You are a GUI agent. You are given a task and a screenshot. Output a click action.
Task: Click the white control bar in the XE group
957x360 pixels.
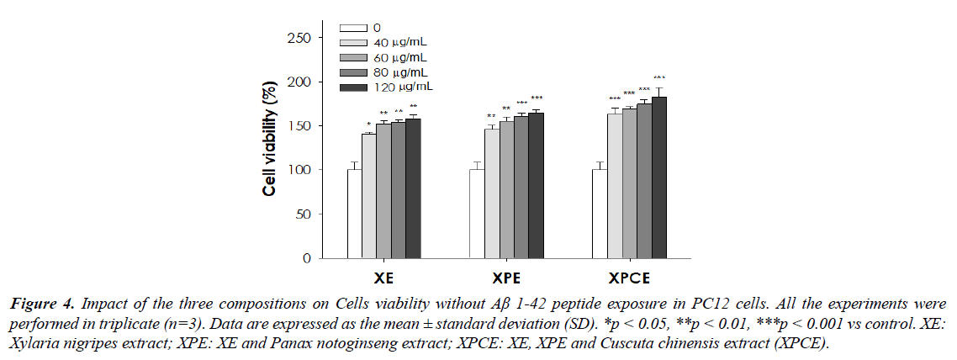354,214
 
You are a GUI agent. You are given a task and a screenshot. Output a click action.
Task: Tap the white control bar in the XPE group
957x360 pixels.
477,214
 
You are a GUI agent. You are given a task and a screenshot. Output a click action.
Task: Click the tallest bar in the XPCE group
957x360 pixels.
658,177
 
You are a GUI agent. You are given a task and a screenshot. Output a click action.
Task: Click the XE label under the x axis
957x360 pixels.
383,278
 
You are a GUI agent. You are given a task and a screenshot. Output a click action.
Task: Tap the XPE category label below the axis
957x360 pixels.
506,278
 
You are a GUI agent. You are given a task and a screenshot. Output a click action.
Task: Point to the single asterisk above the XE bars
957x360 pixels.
368,124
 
